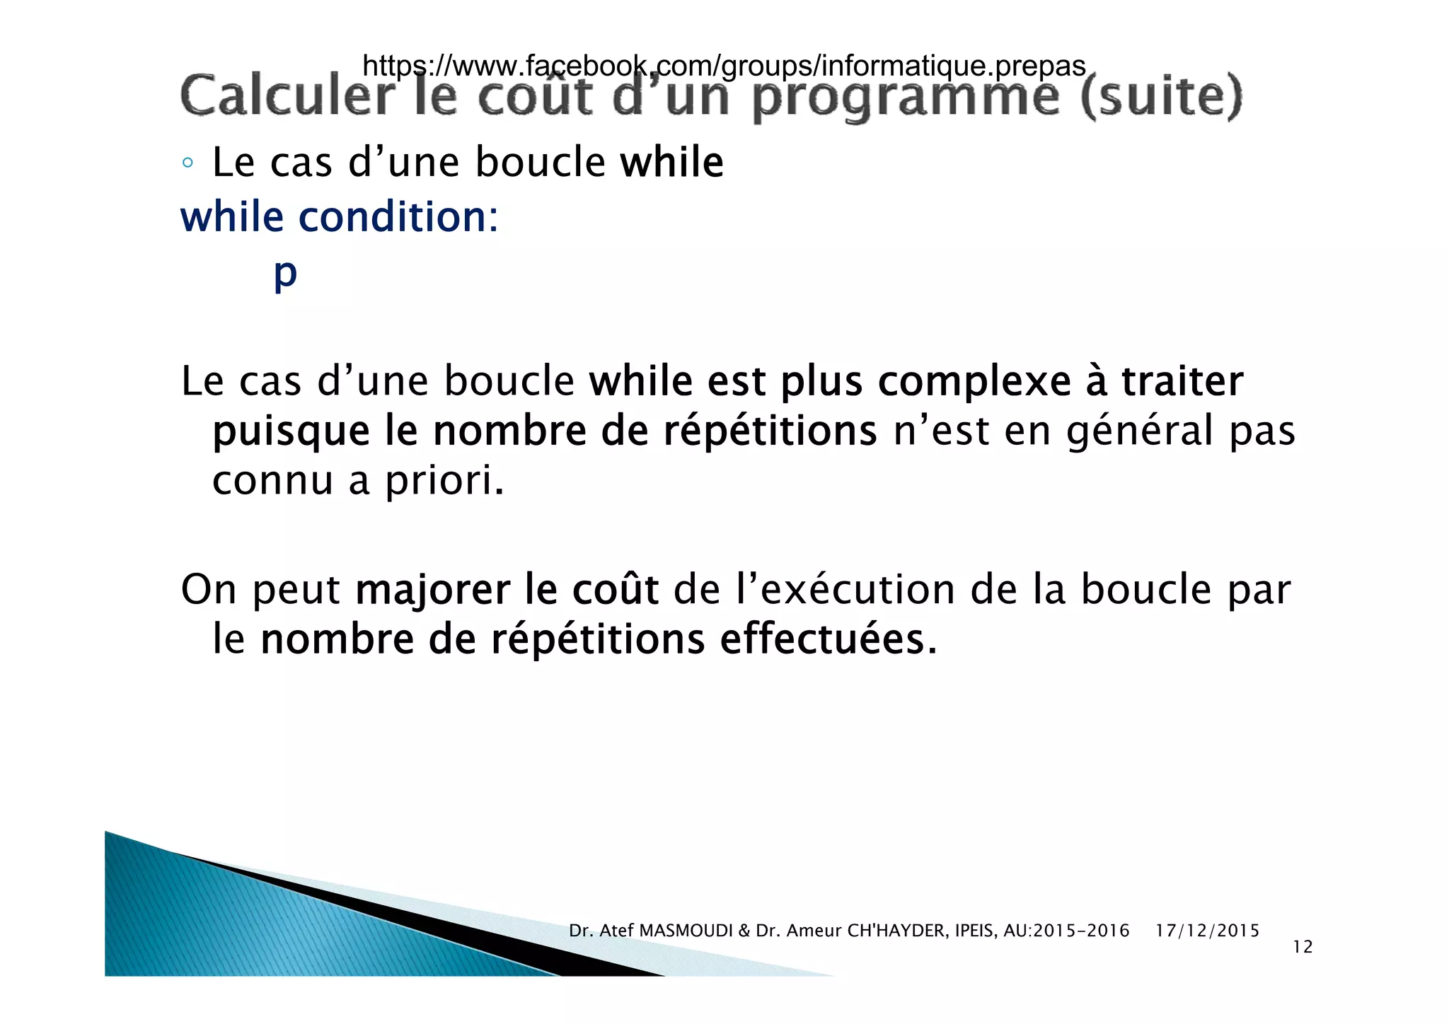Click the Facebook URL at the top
point(723,66)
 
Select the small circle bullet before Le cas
point(187,163)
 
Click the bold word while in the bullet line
point(671,162)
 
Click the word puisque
point(291,431)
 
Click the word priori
point(444,481)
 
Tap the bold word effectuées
point(828,639)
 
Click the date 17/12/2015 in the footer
point(1207,931)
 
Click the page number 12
point(1302,947)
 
